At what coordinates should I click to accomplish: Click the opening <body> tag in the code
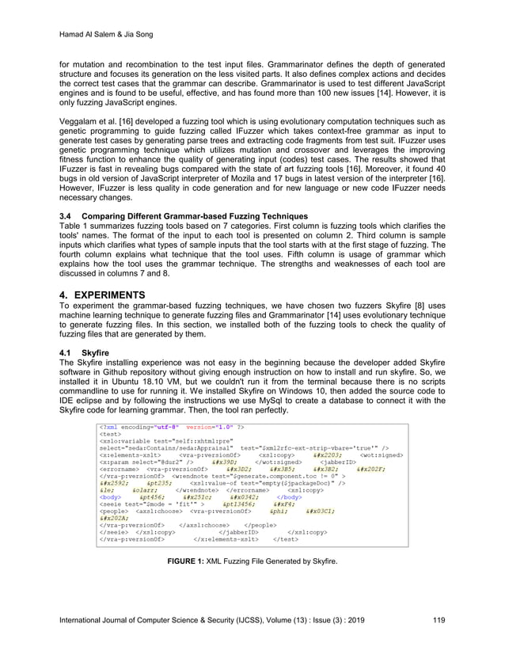pyautogui.click(x=110, y=496)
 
